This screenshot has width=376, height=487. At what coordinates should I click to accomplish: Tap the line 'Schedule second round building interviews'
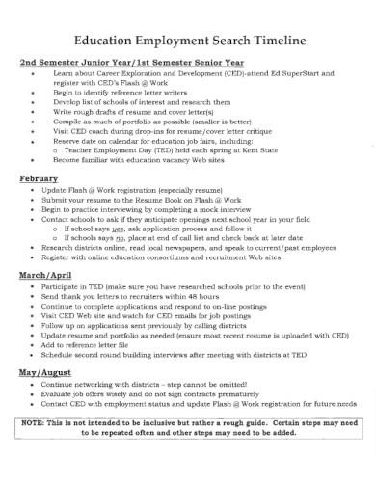193,354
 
